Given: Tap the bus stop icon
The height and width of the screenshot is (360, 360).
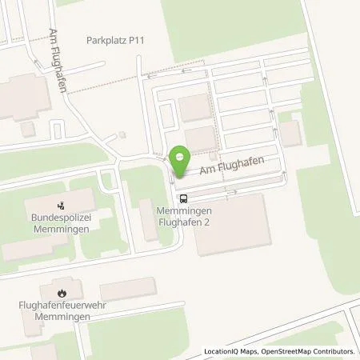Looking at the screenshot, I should point(184,198).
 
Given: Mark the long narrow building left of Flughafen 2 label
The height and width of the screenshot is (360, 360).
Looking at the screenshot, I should point(149,221).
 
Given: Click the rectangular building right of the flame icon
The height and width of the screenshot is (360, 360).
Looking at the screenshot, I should point(128,289).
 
